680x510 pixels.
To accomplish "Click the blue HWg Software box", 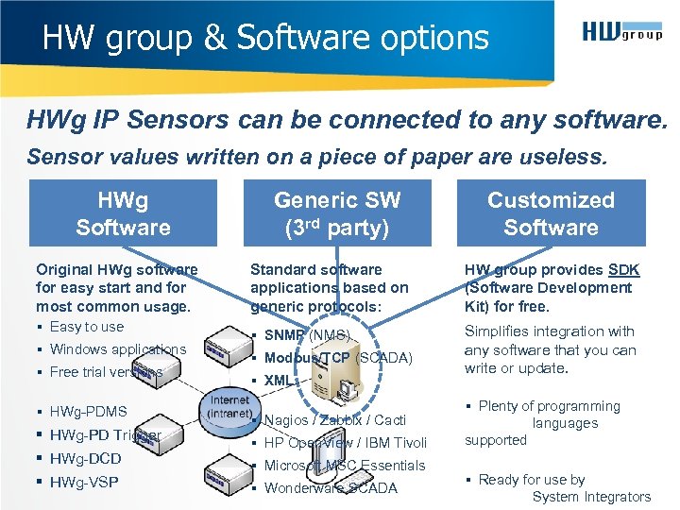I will [123, 213].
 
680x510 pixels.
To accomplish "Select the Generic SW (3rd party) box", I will [337, 213].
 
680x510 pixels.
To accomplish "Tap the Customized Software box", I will [551, 213].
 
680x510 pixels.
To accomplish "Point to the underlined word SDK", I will [624, 270].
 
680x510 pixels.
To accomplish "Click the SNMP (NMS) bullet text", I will [307, 335].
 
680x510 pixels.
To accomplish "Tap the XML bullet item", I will [278, 381].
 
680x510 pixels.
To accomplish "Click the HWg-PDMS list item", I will [88, 412].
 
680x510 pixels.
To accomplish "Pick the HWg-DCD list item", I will [85, 459].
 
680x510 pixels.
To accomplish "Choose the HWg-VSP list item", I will [84, 483].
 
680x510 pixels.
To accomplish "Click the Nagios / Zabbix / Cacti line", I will [334, 420].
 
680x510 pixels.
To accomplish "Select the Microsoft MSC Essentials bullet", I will [345, 466].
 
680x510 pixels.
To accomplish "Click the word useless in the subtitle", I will [575, 155].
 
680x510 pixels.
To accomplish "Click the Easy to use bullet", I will [86, 327].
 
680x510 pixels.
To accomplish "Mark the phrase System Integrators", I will [591, 497].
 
